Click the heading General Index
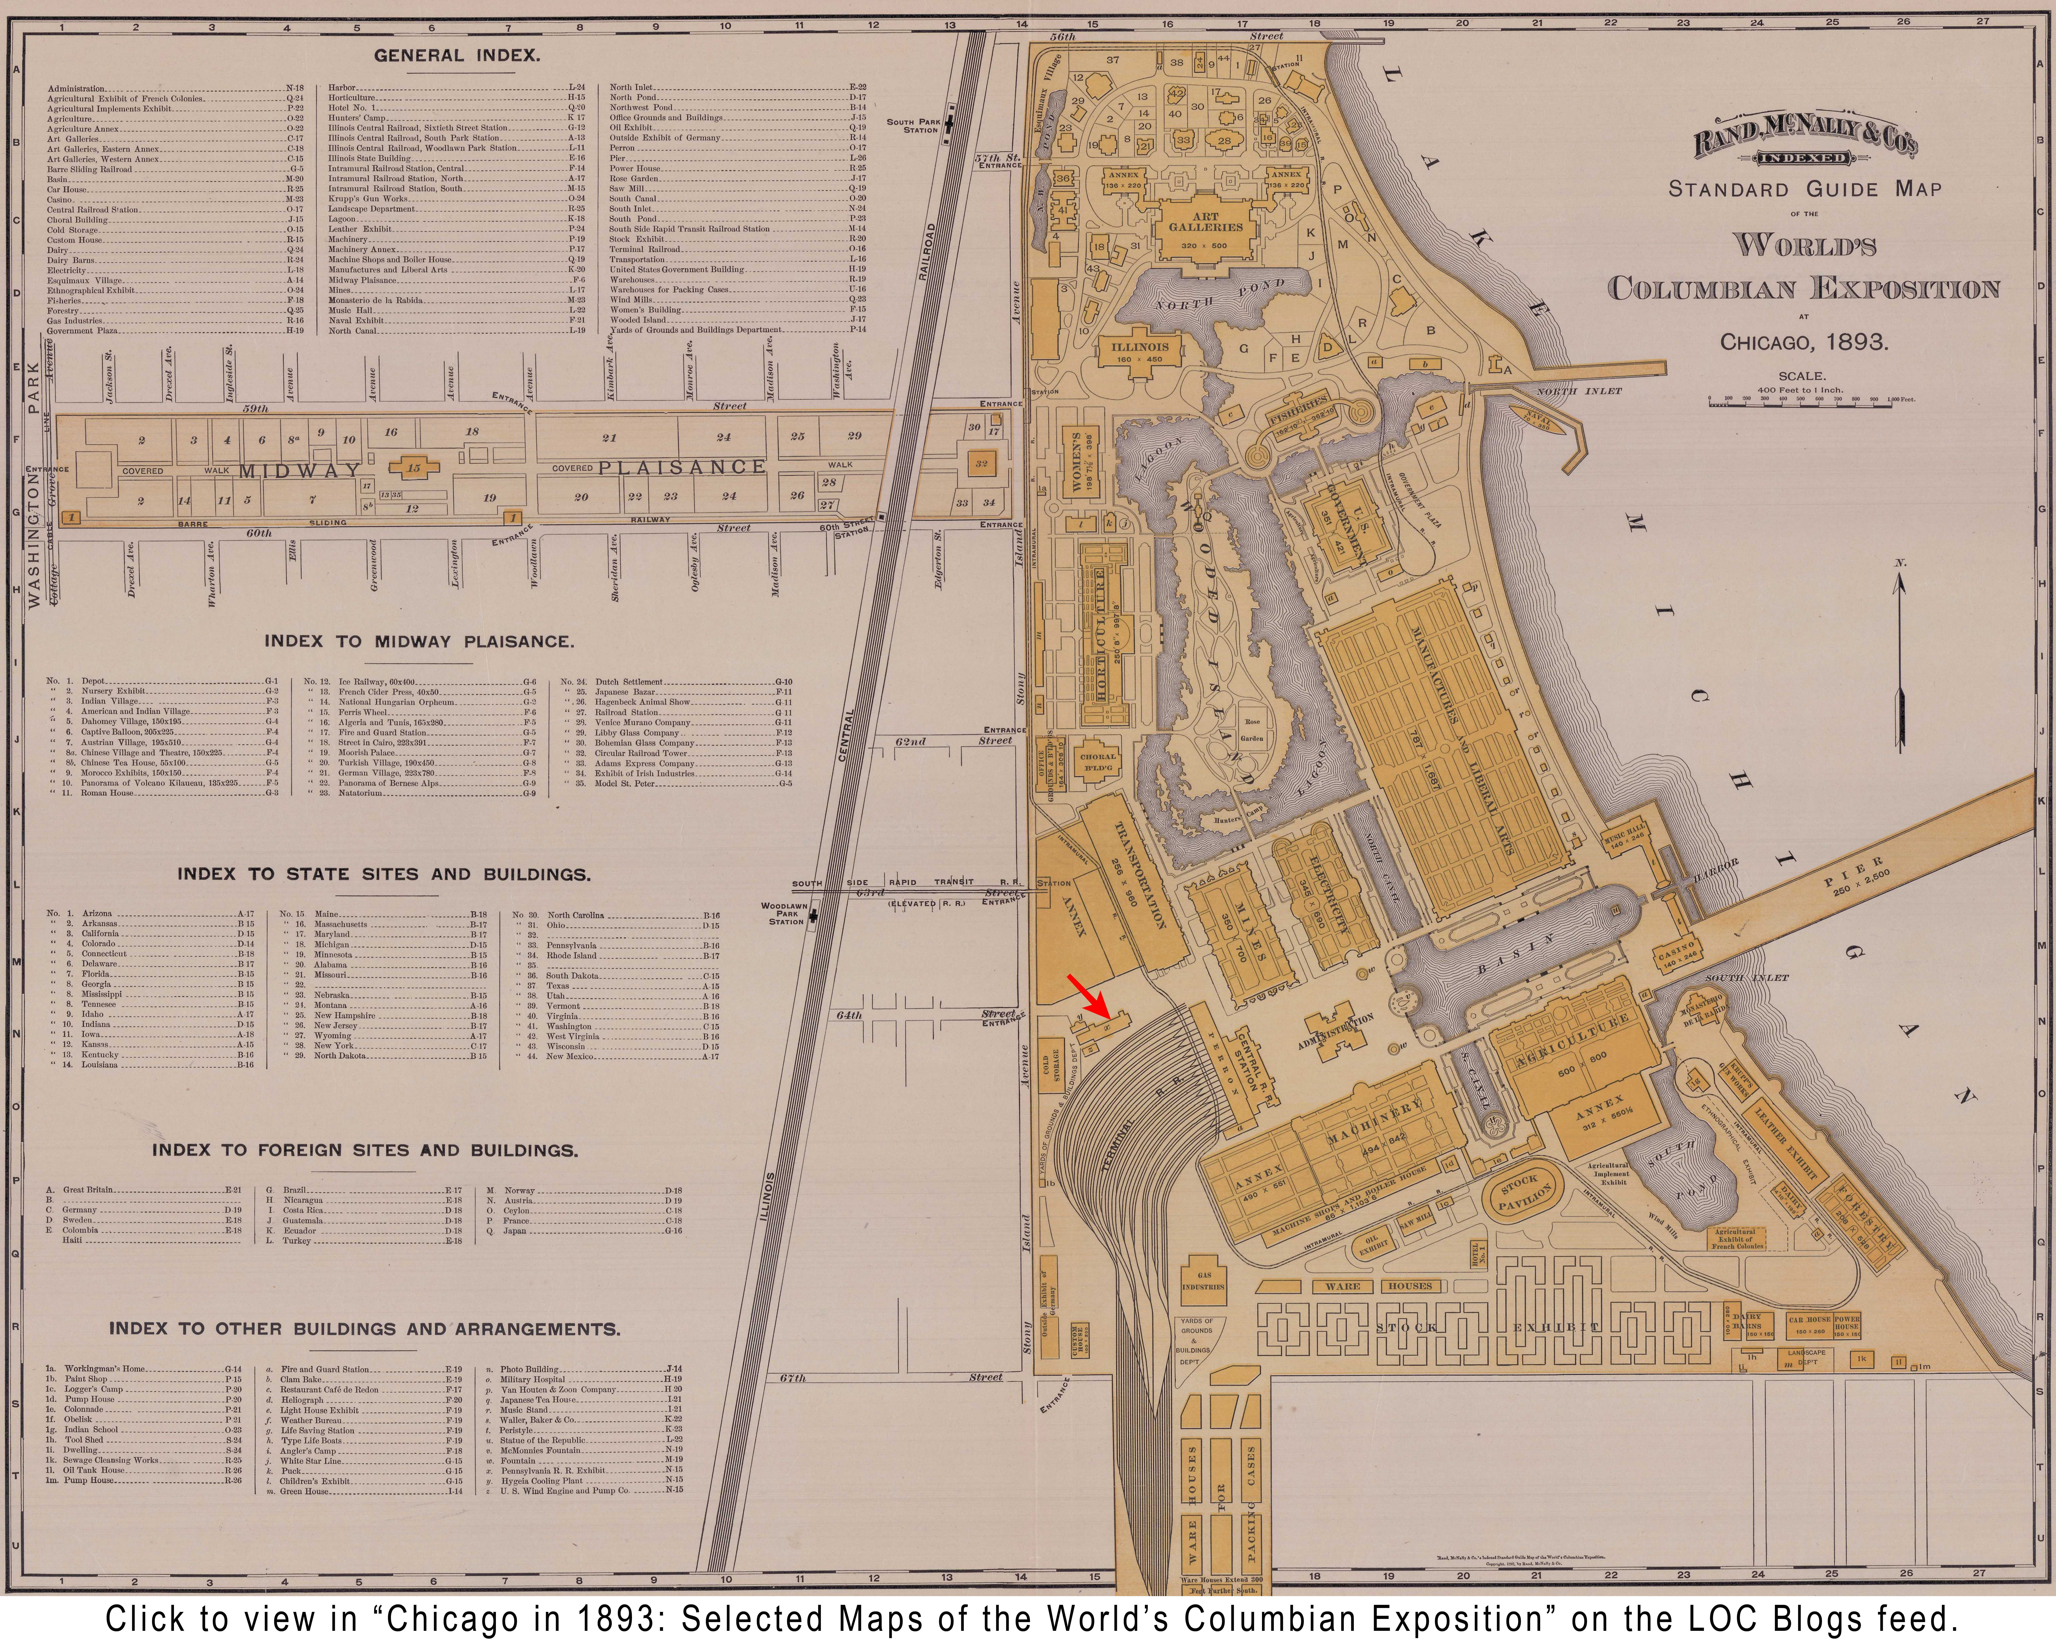point(457,55)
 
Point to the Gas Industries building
point(1203,1281)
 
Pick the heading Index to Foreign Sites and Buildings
point(365,1150)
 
